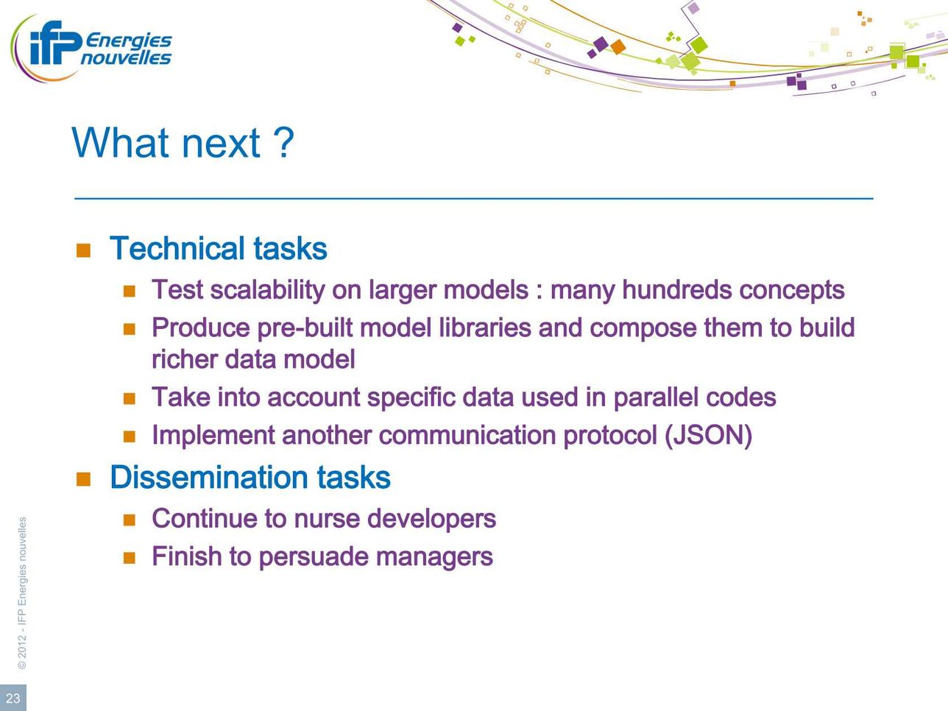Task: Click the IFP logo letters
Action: [x=56, y=43]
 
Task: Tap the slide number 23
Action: [x=13, y=698]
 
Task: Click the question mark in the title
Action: [x=284, y=142]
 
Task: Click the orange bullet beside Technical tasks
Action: [x=83, y=250]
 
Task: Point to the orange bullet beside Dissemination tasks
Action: [x=83, y=478]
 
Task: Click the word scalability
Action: [x=267, y=290]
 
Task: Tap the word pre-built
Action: [x=305, y=328]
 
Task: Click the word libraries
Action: [x=484, y=328]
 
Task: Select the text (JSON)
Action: [x=709, y=435]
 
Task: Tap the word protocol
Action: [x=610, y=436]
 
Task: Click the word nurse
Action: [x=327, y=518]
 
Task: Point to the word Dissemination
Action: [x=208, y=477]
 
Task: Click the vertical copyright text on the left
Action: [x=22, y=593]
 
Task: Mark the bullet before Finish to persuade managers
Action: [x=129, y=558]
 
